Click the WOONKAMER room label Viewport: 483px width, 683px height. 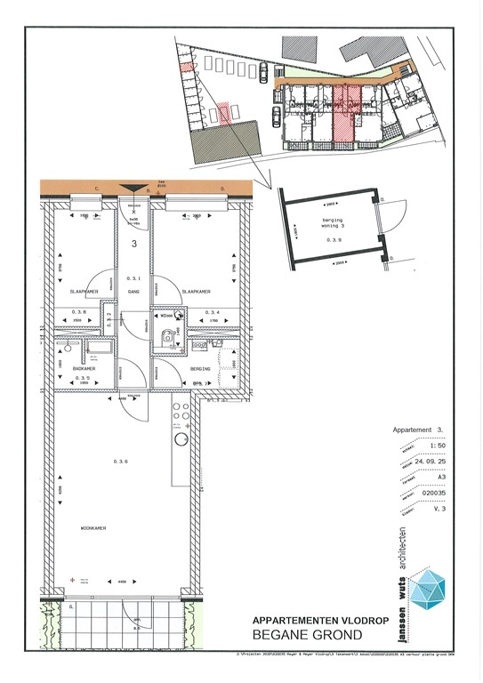tap(93, 527)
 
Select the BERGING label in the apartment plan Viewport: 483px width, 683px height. tap(201, 366)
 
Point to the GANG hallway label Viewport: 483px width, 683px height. tap(134, 291)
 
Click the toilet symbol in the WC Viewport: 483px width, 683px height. tap(165, 335)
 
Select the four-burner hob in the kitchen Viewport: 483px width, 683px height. tap(180, 413)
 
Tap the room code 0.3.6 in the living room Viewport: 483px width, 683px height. tap(121, 461)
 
